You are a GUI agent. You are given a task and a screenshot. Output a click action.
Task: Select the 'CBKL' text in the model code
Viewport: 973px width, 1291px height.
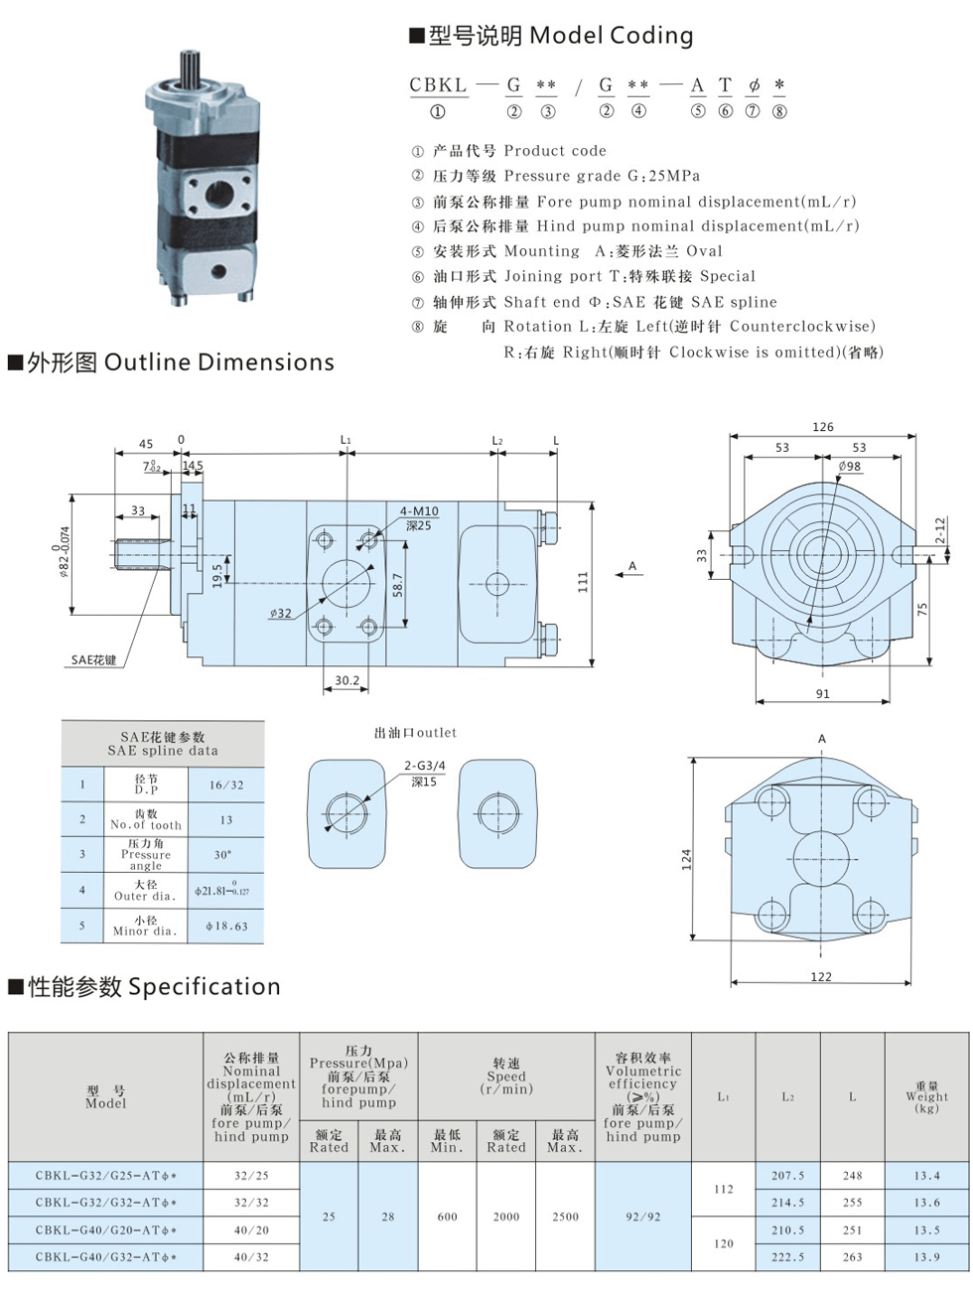438,85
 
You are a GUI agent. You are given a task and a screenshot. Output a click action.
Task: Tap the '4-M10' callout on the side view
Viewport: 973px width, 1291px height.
419,510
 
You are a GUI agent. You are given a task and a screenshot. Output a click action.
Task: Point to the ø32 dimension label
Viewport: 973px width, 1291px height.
281,613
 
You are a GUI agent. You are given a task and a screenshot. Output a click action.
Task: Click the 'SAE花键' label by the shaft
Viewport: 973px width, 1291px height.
93,659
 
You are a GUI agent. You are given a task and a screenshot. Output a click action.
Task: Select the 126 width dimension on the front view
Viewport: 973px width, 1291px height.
823,427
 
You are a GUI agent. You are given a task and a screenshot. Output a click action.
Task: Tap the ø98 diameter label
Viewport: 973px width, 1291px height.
849,466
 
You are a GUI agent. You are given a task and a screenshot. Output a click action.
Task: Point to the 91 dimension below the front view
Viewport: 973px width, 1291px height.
822,693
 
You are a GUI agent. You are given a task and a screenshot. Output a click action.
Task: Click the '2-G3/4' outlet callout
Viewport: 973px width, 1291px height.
425,766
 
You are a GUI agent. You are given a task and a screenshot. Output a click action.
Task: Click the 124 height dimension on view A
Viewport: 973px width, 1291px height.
686,860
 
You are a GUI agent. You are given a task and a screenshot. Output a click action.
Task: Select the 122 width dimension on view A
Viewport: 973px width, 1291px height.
821,976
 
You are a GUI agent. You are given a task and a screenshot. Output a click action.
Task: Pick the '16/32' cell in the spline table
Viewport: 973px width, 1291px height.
225,785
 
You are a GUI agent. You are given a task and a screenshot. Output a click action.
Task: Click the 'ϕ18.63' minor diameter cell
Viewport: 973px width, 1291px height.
225,926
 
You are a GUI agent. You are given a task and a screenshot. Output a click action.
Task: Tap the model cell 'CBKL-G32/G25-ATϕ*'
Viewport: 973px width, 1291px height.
105,1176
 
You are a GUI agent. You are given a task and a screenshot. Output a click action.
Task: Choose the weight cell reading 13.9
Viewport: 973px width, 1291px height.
926,1257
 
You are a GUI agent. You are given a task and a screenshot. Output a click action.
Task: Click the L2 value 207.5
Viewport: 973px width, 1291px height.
787,1176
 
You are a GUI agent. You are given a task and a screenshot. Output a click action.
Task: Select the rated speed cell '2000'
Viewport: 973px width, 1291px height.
506,1217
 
